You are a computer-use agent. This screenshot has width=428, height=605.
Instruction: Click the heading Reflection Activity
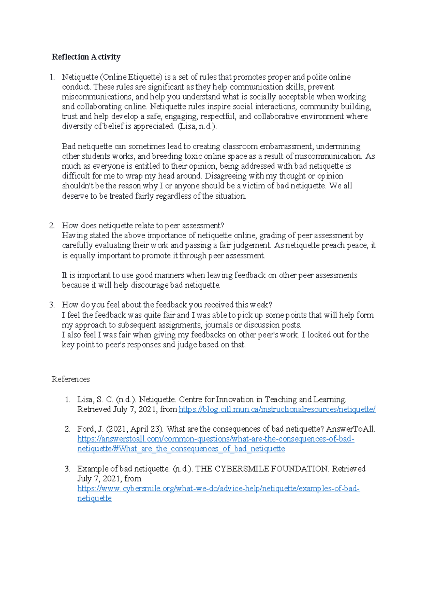click(x=86, y=57)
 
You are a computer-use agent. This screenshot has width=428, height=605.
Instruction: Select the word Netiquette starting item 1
click(x=80, y=77)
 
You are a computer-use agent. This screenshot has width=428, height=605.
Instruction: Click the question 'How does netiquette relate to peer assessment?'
click(x=143, y=225)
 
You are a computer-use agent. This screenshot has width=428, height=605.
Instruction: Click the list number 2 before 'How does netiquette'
click(x=52, y=225)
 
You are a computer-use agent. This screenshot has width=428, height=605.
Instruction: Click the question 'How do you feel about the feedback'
click(x=167, y=305)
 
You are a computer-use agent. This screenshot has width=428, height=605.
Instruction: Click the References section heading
click(x=71, y=379)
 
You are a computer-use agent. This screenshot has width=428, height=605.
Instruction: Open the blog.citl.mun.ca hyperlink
click(x=277, y=410)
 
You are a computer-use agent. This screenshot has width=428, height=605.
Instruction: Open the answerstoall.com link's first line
click(x=215, y=439)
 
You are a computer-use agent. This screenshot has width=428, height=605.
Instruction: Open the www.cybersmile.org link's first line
click(x=218, y=489)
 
